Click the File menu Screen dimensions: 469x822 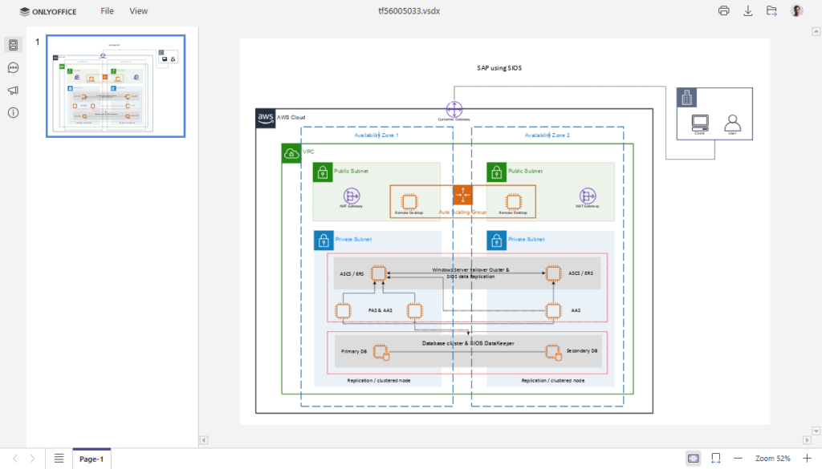[107, 11]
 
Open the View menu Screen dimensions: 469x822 [139, 11]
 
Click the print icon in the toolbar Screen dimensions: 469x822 [724, 11]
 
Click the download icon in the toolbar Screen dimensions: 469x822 [748, 11]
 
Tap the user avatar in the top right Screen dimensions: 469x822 [796, 11]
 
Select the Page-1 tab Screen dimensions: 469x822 [92, 459]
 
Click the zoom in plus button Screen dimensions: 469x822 [807, 459]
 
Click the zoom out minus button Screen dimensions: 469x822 [738, 459]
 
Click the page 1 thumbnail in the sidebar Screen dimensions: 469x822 [116, 86]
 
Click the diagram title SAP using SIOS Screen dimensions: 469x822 [499, 68]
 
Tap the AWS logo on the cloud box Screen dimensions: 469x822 [266, 118]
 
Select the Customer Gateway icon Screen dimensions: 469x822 [454, 109]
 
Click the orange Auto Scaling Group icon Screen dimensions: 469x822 [463, 195]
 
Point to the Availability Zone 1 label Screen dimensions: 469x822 [376, 135]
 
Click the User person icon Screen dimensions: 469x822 [732, 123]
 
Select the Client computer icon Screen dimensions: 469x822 [700, 123]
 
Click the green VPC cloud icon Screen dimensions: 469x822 [291, 153]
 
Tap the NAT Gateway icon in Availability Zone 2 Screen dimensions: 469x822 [588, 196]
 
